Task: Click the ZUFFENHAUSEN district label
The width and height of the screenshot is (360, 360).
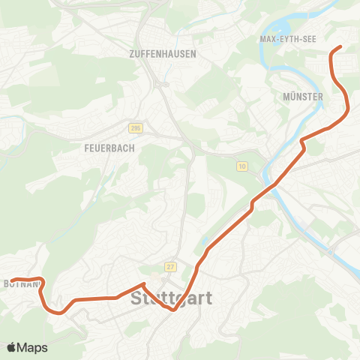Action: [x=163, y=54]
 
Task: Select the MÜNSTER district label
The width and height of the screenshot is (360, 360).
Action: [x=304, y=97]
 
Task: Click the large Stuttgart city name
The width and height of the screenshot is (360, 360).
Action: [x=172, y=298]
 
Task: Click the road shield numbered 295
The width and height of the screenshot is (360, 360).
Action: [x=135, y=129]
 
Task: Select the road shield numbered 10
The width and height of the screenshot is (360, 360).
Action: [x=241, y=165]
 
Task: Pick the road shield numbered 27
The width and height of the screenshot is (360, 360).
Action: [x=171, y=267]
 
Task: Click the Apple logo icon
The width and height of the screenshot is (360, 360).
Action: [x=11, y=347]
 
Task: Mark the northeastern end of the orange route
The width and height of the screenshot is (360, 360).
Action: [x=340, y=47]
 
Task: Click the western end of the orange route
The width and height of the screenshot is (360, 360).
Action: [x=12, y=281]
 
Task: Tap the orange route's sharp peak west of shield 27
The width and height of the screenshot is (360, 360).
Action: [x=143, y=283]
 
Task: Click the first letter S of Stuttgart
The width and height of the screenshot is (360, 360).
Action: [x=137, y=298]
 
